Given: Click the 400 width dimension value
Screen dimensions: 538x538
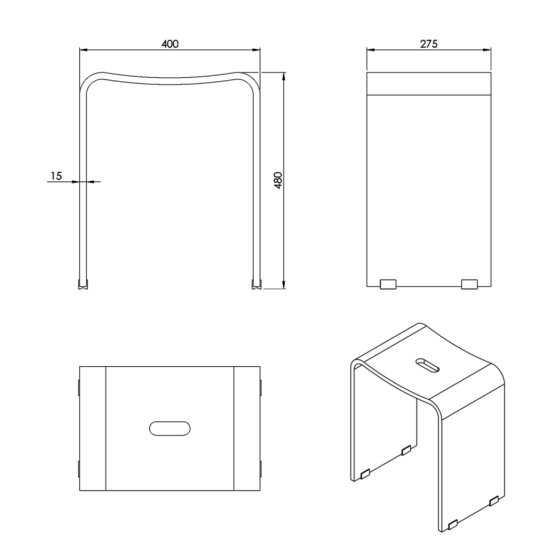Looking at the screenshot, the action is [x=170, y=44].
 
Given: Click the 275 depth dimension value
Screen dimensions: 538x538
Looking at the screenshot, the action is [x=429, y=44].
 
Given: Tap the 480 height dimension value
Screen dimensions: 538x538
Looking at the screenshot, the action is [x=278, y=181].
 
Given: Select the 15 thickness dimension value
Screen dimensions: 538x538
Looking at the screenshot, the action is [x=56, y=176].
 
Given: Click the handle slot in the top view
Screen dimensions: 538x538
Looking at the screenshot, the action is [x=170, y=429].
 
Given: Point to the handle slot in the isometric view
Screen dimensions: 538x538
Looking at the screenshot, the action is [x=428, y=365].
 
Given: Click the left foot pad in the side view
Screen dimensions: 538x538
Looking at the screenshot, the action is [x=388, y=284].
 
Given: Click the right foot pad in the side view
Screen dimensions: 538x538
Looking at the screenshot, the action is [x=469, y=284].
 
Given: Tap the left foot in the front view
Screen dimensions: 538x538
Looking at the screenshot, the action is [x=83, y=284].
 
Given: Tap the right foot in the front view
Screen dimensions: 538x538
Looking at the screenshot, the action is [x=256, y=284].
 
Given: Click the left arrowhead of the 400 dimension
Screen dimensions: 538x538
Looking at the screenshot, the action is [x=84, y=50].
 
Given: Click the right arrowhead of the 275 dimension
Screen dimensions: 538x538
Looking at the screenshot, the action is [x=487, y=50].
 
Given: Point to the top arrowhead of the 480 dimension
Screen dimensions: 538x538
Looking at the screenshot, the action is [x=284, y=77].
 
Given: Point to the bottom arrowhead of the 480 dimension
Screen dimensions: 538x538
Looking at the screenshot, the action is [x=284, y=285].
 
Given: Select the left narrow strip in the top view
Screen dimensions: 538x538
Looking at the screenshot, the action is [x=92, y=429].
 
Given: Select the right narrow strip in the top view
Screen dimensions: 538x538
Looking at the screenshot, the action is [x=247, y=429].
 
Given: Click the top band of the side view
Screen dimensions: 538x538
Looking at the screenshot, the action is [x=429, y=84].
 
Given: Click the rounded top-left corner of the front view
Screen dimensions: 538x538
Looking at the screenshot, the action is [x=88, y=80].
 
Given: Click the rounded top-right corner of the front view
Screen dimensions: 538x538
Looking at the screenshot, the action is [x=252, y=80].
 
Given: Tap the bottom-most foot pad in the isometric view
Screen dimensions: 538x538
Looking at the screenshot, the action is [x=453, y=525].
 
